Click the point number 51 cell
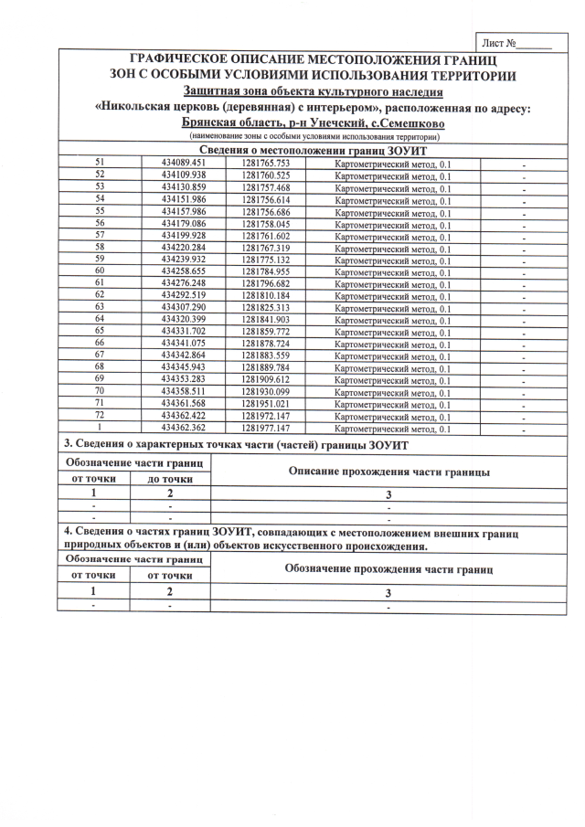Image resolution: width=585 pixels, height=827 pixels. coord(101,162)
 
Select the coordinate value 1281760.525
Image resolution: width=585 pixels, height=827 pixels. coord(266,175)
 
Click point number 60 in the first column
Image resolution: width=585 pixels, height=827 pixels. coord(101,271)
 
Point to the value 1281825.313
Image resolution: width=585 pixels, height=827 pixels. coord(266,308)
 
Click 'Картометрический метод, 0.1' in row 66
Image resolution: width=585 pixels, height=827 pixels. coord(393,345)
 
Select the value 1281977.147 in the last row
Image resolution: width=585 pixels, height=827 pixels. coord(266,428)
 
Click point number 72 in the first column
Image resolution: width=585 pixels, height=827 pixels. coord(101,416)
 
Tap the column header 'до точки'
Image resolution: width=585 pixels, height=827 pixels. coord(170,479)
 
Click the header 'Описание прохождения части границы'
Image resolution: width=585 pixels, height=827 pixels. coord(388,472)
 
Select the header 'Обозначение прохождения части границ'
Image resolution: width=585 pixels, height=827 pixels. coord(388,568)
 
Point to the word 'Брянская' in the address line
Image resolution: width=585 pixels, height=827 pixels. coord(212,121)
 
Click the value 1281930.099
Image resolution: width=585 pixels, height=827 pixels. coord(266,392)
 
